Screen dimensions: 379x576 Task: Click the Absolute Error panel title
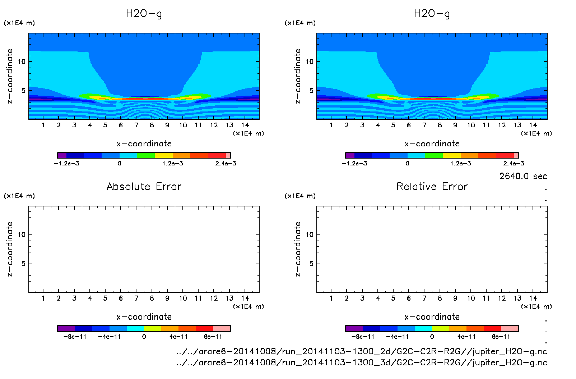pos(144,186)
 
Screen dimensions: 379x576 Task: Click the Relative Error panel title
pos(432,186)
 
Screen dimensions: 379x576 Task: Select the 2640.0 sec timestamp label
pos(523,176)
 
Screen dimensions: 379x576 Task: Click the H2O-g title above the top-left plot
pos(144,14)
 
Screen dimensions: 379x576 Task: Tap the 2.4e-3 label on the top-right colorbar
pos(514,163)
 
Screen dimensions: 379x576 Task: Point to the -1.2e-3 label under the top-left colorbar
pos(66,163)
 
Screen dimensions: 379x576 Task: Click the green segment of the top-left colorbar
pos(146,155)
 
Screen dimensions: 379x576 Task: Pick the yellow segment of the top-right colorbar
pos(452,155)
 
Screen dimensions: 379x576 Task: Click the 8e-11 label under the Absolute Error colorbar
pos(213,337)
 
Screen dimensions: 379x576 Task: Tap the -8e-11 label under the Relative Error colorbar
pos(363,337)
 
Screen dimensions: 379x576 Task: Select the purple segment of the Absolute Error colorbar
pos(66,328)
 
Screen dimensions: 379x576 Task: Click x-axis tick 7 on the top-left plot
pos(136,125)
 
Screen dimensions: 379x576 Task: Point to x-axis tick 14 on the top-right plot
pos(533,125)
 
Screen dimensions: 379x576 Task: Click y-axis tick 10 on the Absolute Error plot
pos(22,234)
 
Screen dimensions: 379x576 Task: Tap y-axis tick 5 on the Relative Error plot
pos(311,264)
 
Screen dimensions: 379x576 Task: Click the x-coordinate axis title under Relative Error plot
pos(432,317)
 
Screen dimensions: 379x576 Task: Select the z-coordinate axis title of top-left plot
pos(10,76)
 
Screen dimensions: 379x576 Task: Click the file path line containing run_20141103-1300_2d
pos(362,351)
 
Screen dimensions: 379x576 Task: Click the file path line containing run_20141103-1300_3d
pos(362,362)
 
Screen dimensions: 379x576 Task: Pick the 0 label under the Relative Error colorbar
pos(432,337)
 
